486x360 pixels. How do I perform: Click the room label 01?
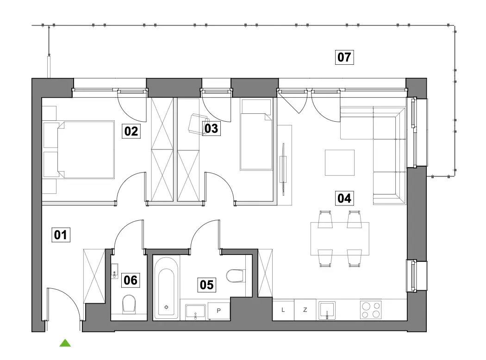point(61,235)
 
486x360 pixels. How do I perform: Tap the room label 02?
point(131,131)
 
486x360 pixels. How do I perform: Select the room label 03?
point(212,128)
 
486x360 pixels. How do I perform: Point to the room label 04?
point(344,198)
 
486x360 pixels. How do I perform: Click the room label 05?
point(207,285)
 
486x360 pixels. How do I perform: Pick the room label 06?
point(131,280)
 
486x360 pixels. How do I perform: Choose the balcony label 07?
point(344,57)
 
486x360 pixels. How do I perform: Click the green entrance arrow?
point(65,343)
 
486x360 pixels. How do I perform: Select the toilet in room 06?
point(129,304)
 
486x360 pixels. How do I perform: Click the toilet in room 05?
point(236,276)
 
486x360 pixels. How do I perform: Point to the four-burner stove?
point(371,310)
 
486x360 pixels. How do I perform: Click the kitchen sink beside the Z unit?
point(327,310)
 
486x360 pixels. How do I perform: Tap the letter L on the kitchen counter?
point(283,310)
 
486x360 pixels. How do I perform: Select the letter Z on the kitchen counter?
point(305,310)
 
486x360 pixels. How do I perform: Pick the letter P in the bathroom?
point(218,310)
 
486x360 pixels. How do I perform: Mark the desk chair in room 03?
point(199,124)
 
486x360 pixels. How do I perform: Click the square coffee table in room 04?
point(339,163)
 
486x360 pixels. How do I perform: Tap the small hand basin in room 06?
point(115,271)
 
